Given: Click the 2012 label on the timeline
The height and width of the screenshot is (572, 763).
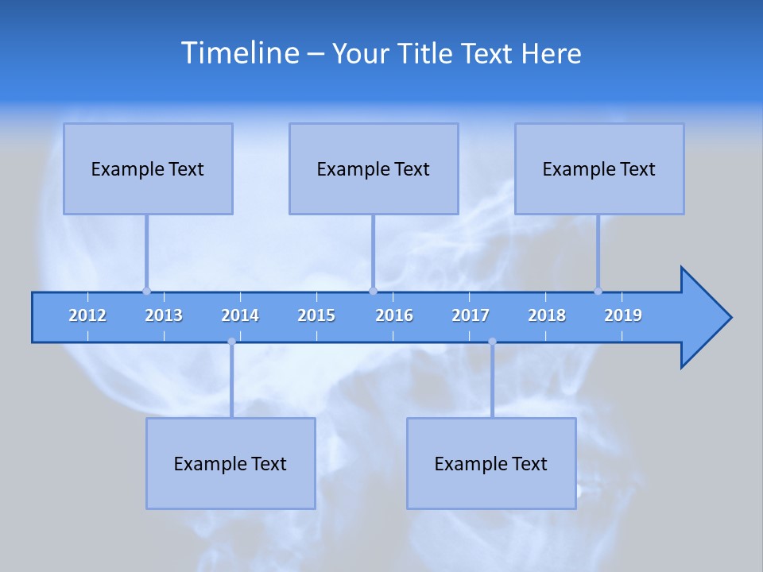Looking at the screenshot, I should tap(87, 315).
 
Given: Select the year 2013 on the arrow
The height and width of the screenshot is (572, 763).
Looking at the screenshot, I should tap(164, 315).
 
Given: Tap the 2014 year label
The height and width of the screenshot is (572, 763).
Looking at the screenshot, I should tap(240, 315).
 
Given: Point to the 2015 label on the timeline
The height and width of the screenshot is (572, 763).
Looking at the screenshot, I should tap(316, 315).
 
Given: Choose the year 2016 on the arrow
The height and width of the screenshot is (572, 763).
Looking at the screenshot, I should tap(394, 315).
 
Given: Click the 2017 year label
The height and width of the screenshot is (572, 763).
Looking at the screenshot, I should tap(471, 315).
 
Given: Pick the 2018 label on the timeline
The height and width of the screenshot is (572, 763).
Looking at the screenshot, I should tap(547, 315).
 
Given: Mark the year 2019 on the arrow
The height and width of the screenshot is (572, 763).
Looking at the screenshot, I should tap(623, 315).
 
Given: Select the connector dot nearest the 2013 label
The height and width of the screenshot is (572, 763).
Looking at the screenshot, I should tap(146, 291).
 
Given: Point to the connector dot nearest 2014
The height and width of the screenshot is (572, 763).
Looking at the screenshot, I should tap(231, 342).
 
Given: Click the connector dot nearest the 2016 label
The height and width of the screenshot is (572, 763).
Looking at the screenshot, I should tap(373, 291).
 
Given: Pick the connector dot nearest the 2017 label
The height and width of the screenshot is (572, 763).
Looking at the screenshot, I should tap(492, 342).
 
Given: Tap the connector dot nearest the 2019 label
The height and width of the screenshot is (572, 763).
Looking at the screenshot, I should tap(598, 291).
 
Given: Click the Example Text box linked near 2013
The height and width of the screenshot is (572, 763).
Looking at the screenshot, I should tap(148, 168).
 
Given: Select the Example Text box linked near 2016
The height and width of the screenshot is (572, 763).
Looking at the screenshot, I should tap(374, 168).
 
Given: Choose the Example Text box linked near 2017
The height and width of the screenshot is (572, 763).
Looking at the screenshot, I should tap(491, 463).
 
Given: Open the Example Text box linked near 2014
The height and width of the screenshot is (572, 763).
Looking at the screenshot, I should tap(230, 463).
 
